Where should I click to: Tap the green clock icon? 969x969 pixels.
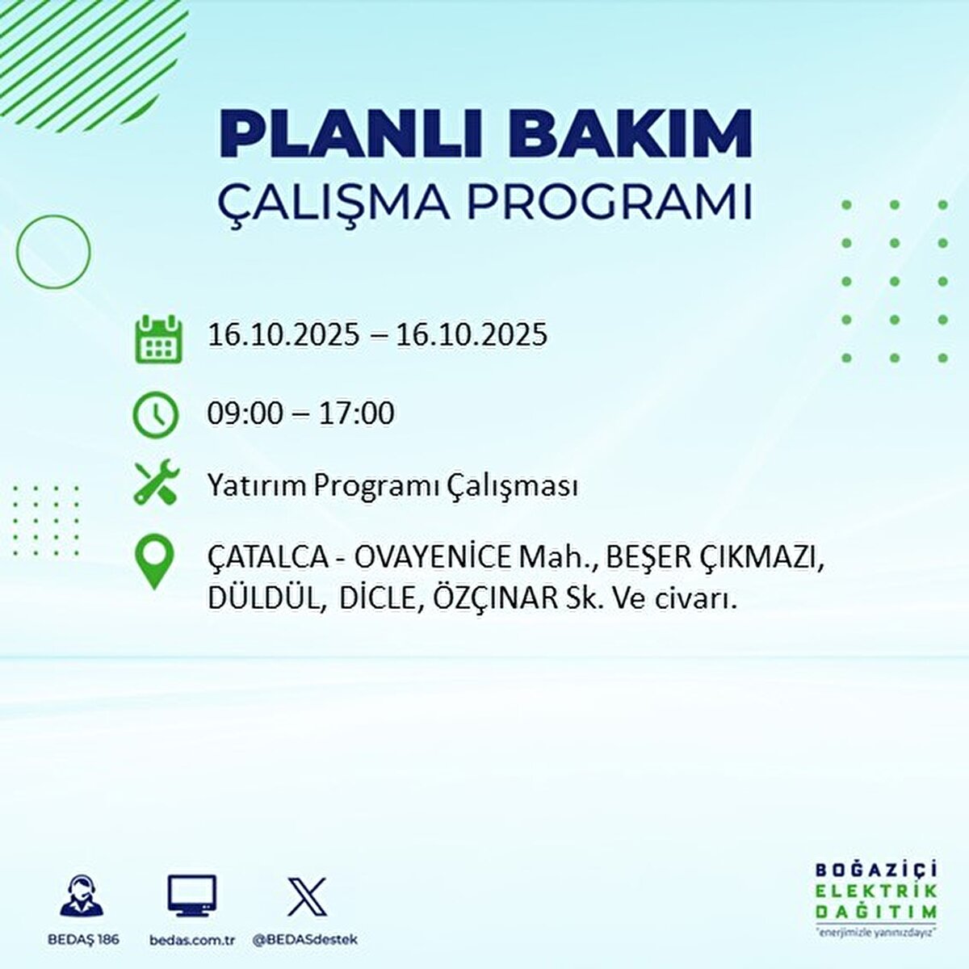click(x=155, y=415)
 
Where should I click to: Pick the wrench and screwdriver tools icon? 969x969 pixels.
click(x=156, y=483)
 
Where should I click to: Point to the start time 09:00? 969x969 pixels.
click(x=245, y=414)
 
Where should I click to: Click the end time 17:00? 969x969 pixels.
click(x=356, y=414)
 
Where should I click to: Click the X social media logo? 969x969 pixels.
click(x=308, y=897)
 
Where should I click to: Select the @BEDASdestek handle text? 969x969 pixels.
click(x=304, y=940)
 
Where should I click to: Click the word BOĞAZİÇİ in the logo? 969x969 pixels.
click(x=876, y=870)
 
